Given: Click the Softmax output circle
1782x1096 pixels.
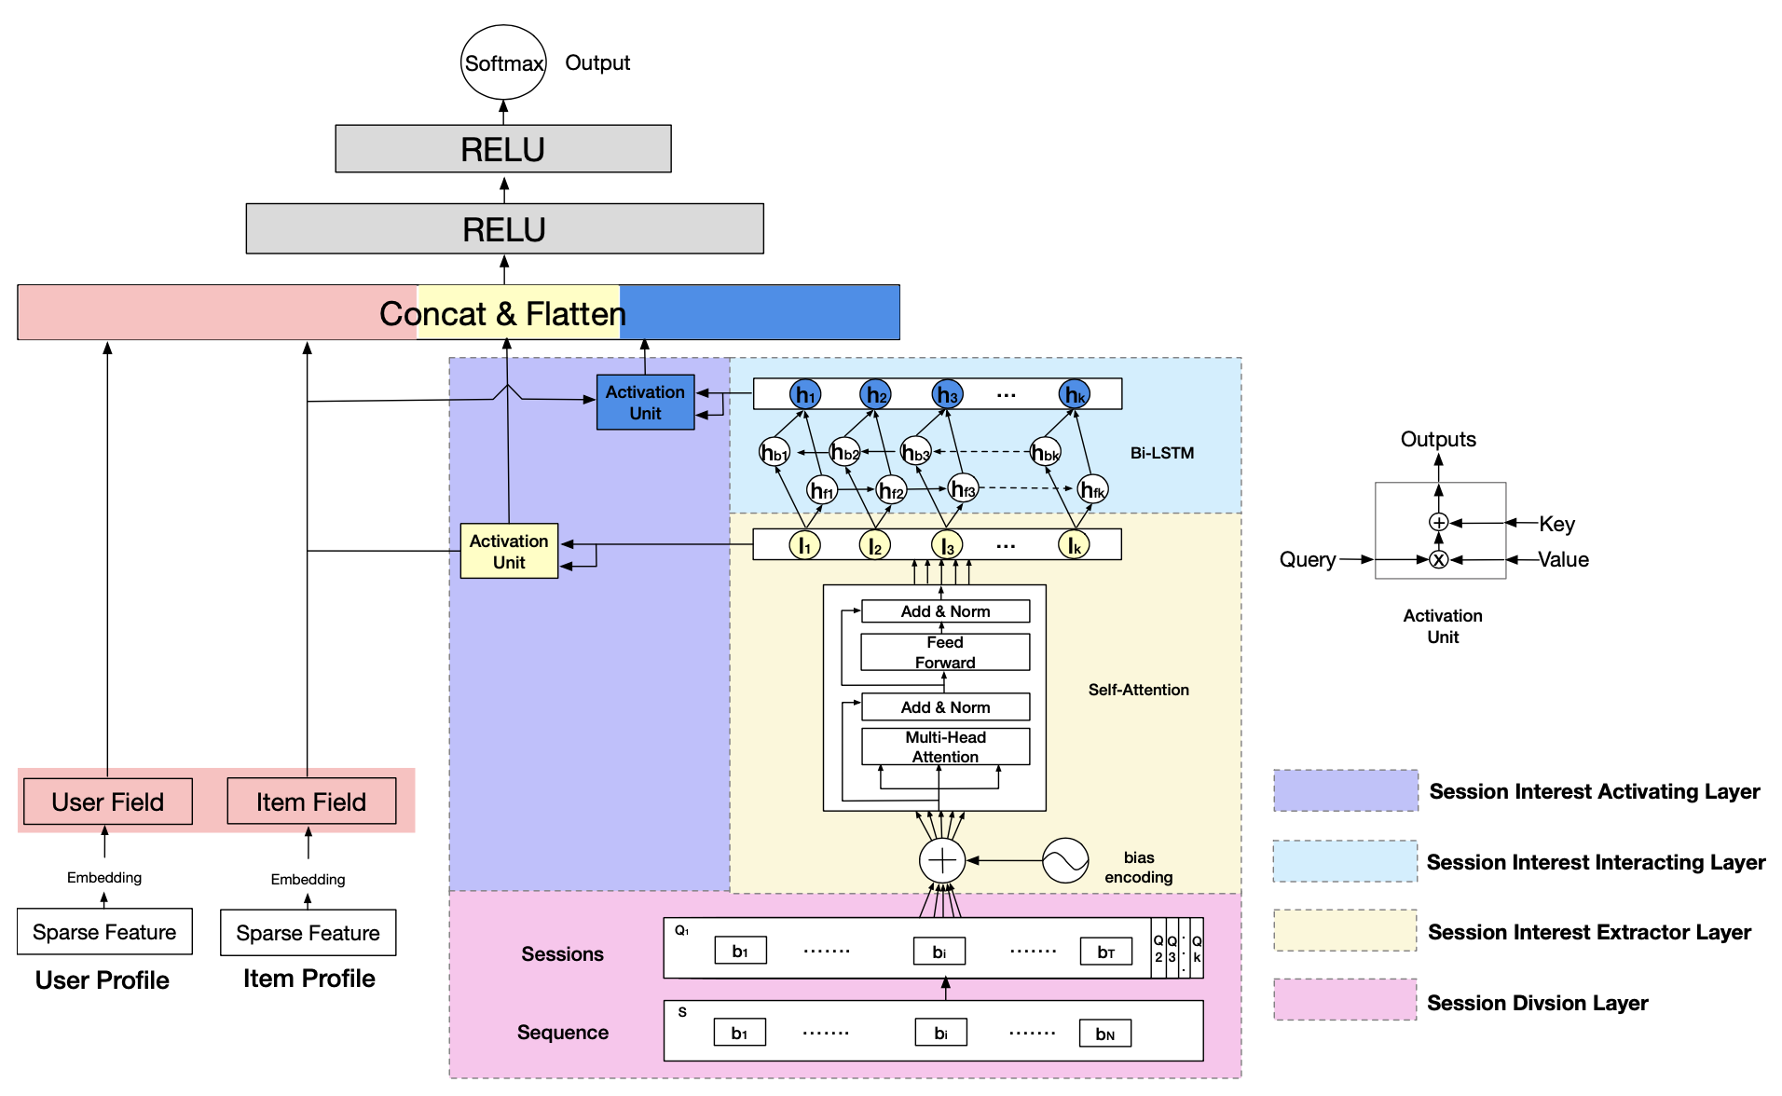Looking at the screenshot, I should [503, 62].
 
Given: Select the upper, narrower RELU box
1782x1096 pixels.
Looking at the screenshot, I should [503, 149].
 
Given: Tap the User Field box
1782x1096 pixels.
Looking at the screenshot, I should [108, 801].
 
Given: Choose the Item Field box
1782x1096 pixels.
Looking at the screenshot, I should [311, 801].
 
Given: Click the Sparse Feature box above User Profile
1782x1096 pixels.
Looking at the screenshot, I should [104, 932].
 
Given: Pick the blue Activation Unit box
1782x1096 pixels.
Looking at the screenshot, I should [645, 403].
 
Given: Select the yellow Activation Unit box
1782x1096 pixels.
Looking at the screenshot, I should [509, 551].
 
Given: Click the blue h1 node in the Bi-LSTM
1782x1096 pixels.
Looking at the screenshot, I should [805, 395].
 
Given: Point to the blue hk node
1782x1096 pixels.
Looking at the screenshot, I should [1075, 395].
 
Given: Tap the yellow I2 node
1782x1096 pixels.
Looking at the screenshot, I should [874, 546].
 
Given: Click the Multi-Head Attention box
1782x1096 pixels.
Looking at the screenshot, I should [945, 747].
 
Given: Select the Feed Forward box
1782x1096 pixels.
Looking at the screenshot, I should [945, 652].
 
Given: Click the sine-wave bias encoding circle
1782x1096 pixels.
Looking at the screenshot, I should [1065, 860].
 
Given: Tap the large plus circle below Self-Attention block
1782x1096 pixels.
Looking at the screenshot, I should [942, 860].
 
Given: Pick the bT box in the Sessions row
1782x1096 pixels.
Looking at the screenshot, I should [1106, 952].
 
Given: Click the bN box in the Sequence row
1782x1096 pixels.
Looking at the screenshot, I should [1105, 1034].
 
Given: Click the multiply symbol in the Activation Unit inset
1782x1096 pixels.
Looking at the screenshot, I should [1439, 560].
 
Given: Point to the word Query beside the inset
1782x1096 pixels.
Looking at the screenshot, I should [1308, 560].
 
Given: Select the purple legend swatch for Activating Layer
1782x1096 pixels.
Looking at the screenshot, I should [1346, 791].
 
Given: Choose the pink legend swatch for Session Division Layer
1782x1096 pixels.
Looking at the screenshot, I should [1346, 1001].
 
